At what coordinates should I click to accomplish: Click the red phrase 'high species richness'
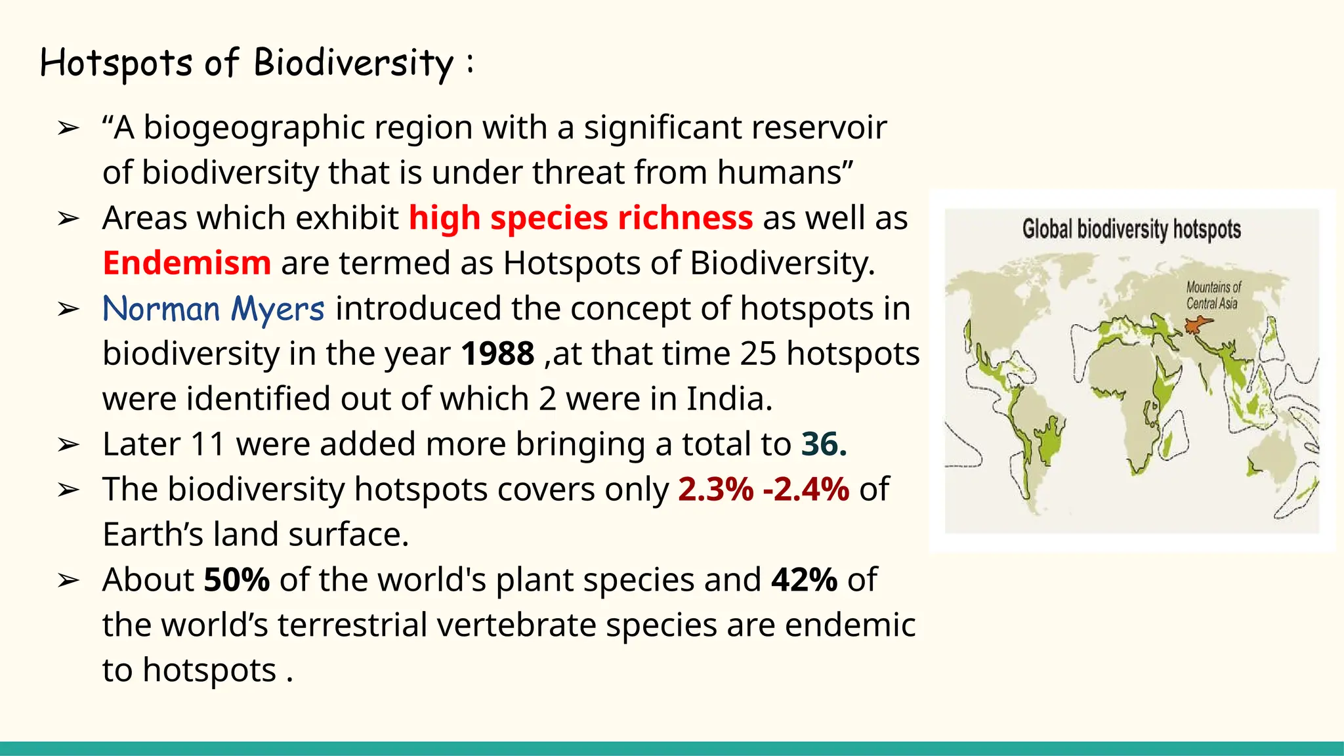(581, 218)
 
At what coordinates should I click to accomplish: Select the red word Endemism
(187, 263)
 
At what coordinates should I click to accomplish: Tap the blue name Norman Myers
(213, 308)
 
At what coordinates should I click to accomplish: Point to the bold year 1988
(497, 354)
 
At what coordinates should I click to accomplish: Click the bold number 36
(824, 444)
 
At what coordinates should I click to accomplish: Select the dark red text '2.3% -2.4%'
(764, 490)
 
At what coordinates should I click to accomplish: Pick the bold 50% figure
(236, 580)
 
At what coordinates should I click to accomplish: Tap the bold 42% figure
(804, 580)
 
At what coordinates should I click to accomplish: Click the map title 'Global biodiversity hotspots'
(1131, 229)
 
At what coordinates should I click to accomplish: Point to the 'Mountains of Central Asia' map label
(1213, 295)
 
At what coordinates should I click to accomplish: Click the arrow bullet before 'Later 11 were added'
(68, 445)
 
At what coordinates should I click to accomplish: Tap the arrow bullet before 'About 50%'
(68, 581)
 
